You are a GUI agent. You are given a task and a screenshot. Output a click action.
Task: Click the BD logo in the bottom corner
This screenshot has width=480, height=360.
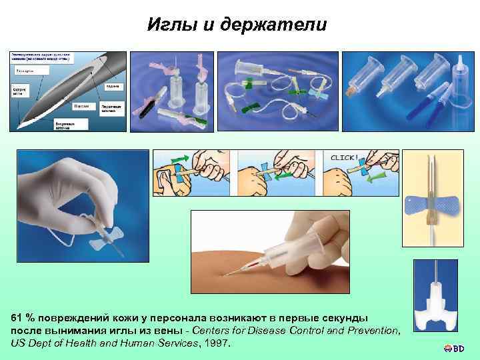coord(457,348)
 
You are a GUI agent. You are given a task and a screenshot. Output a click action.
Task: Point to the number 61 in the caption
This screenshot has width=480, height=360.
coord(17,319)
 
